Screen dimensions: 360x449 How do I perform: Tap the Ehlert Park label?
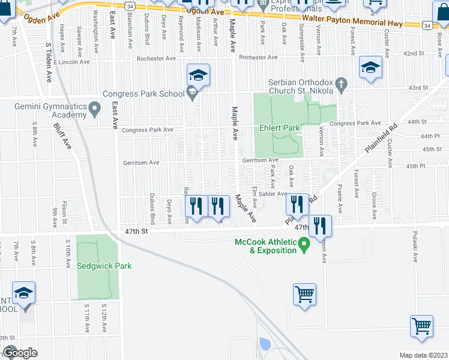(x=279, y=128)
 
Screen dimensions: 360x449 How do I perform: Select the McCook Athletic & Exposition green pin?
(x=304, y=244)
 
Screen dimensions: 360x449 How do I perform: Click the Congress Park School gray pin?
(x=192, y=93)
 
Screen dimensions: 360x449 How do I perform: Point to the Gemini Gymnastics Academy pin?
(x=94, y=109)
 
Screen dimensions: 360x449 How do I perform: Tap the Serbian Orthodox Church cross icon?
(x=341, y=83)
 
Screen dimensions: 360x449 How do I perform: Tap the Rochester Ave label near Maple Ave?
(x=258, y=58)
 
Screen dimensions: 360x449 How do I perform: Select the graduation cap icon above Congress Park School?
(x=198, y=74)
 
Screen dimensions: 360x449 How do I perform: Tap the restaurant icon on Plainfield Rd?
(x=297, y=204)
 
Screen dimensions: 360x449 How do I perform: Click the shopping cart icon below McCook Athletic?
(x=305, y=295)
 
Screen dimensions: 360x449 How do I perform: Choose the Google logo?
(x=20, y=353)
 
